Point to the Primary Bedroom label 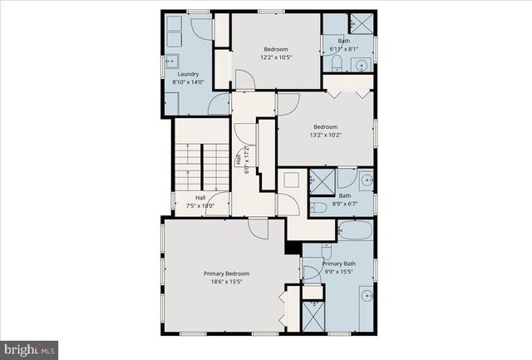226,274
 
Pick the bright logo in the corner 29,350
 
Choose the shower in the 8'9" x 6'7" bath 321,180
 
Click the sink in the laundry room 173,60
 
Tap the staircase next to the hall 200,170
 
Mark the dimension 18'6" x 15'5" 226,283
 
